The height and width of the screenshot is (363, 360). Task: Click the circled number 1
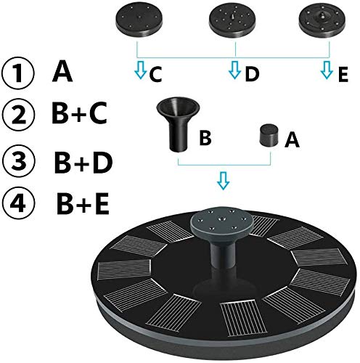pyautogui.click(x=17, y=73)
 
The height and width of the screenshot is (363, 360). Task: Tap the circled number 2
pyautogui.click(x=18, y=115)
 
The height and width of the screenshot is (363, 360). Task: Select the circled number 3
pyautogui.click(x=19, y=160)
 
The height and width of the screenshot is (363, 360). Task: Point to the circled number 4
pyautogui.click(x=19, y=203)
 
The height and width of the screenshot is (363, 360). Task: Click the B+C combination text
pyautogui.click(x=79, y=113)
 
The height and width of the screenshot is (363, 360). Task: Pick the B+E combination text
pyautogui.click(x=83, y=203)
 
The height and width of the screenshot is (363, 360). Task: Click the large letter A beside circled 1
pyautogui.click(x=62, y=71)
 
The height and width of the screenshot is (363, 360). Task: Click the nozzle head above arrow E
pyautogui.click(x=322, y=21)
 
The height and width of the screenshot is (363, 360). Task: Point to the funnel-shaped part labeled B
pyautogui.click(x=179, y=124)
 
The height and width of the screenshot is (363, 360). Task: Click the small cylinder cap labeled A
pyautogui.click(x=269, y=135)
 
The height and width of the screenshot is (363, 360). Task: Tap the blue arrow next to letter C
pyautogui.click(x=141, y=70)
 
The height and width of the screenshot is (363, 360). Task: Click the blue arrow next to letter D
pyautogui.click(x=234, y=70)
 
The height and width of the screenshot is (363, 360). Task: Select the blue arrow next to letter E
pyautogui.click(x=327, y=70)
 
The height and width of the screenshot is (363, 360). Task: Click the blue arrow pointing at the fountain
pyautogui.click(x=223, y=181)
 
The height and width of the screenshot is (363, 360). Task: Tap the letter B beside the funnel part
pyautogui.click(x=205, y=138)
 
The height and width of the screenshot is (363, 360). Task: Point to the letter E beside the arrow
pyautogui.click(x=343, y=74)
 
